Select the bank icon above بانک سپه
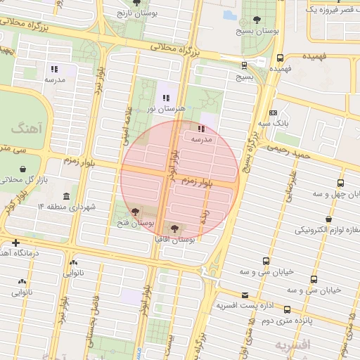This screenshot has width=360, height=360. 274,112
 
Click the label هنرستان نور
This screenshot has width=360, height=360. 165,109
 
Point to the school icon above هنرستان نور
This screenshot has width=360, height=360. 166,98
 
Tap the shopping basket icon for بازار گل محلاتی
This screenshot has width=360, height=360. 25,169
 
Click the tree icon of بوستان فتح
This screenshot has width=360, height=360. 134,211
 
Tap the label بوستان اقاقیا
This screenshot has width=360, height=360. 176,239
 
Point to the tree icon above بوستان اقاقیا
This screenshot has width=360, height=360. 174,228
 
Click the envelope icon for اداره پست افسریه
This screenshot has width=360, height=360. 245,295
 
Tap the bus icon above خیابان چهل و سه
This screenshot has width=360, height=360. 340,183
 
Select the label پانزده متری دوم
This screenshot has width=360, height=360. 304,321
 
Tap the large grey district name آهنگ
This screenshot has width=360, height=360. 27,129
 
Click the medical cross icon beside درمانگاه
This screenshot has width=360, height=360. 15,242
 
